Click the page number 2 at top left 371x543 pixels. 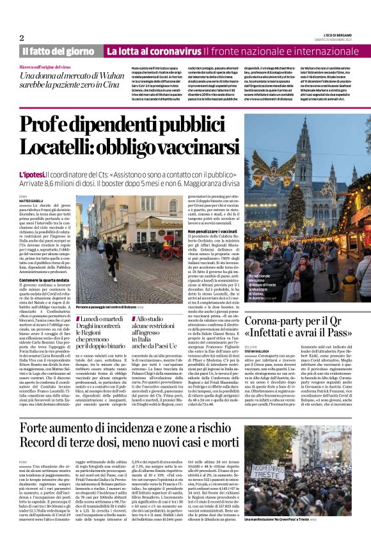point(21,38)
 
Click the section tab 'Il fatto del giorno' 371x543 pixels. point(58,51)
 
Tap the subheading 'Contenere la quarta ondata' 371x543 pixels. point(45,279)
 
